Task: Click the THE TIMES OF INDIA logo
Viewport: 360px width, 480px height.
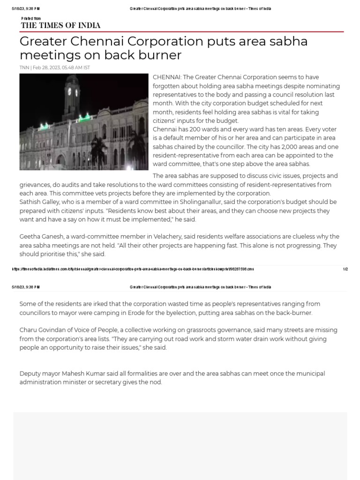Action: coord(60,25)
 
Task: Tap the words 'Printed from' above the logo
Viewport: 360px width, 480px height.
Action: coord(31,18)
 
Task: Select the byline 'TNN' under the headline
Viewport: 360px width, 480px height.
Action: coord(24,67)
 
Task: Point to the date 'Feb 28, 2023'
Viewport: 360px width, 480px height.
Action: coord(49,67)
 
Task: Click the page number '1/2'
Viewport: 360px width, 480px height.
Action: coord(345,269)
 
